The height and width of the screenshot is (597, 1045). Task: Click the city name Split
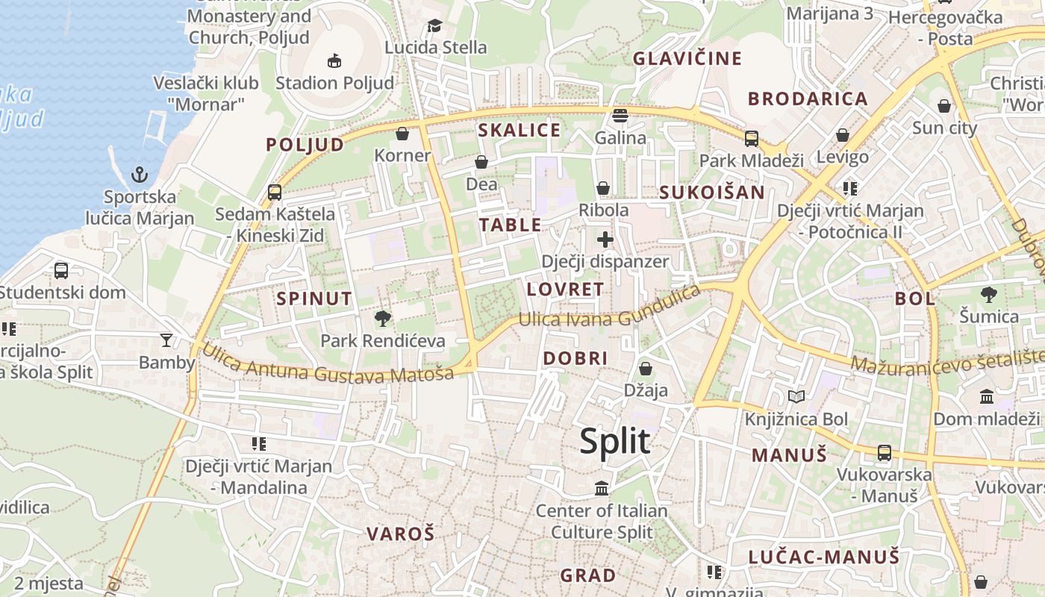click(615, 441)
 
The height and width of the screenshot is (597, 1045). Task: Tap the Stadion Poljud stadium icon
click(334, 60)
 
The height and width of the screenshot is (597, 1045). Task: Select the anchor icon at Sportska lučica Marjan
click(140, 175)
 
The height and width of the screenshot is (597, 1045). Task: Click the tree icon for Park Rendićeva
click(383, 319)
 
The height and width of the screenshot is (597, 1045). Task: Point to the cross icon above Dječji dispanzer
click(605, 240)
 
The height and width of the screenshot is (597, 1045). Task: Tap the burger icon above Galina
click(620, 116)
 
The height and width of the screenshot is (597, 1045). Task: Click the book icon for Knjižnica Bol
click(796, 396)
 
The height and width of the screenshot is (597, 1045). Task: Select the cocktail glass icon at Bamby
click(166, 340)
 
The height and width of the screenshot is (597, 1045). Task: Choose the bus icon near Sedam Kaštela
click(275, 192)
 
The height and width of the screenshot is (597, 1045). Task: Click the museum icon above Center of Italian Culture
click(602, 489)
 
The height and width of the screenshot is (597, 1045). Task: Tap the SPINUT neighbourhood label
click(314, 299)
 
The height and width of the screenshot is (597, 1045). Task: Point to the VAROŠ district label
click(400, 534)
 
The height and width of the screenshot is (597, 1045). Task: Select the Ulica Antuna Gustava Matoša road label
click(328, 363)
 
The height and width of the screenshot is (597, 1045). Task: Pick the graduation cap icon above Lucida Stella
click(435, 27)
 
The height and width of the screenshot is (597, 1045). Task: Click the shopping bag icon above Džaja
click(646, 369)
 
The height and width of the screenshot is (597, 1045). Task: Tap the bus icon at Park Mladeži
click(751, 138)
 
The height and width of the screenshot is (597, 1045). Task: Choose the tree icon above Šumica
click(989, 295)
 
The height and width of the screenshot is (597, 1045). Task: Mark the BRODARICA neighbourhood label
click(808, 99)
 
